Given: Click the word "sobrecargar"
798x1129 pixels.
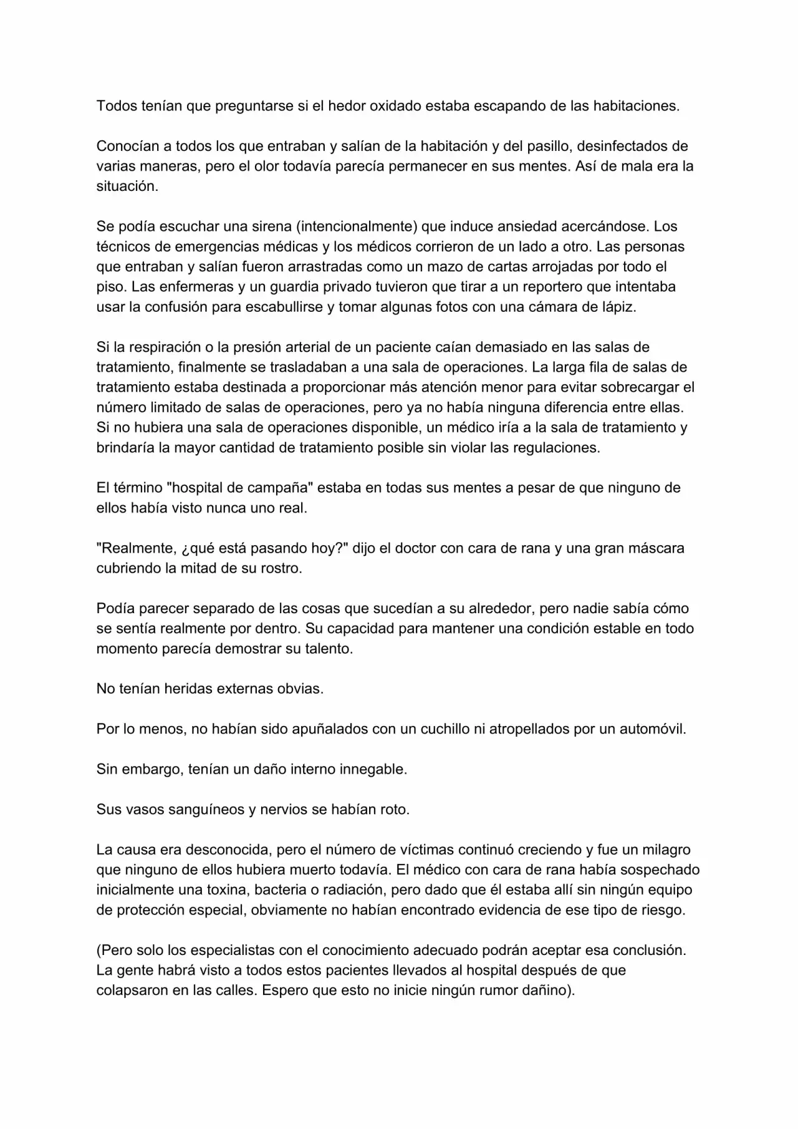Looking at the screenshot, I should coord(645,387).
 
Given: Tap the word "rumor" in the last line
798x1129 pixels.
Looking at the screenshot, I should coord(504,991).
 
